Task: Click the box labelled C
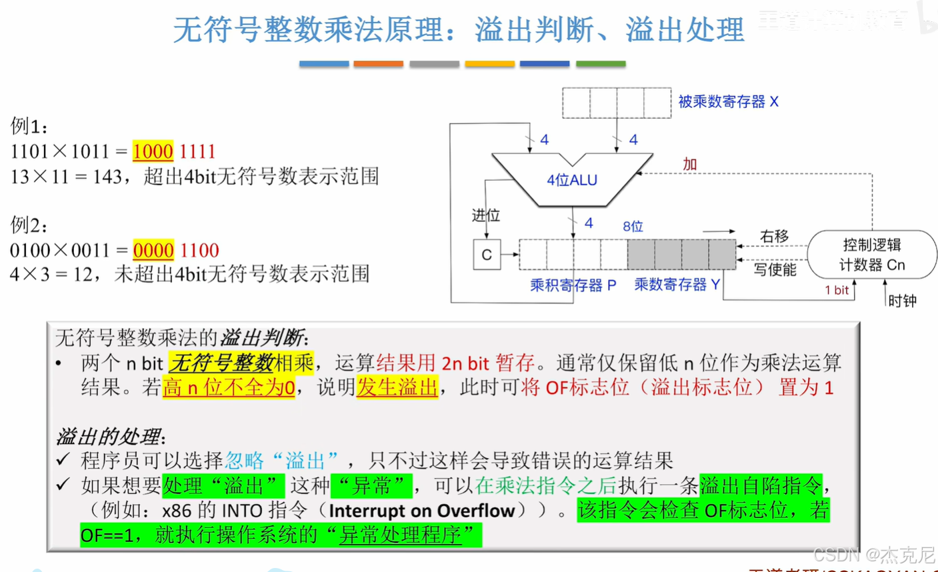tap(487, 255)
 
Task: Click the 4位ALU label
tap(572, 180)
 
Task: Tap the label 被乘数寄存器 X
tap(728, 102)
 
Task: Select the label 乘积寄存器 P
tap(573, 285)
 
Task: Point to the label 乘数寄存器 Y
tap(677, 285)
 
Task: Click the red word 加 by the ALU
tap(690, 164)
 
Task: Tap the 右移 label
tap(774, 237)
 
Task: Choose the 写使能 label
tap(775, 269)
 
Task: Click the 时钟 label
tap(902, 301)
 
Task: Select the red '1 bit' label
tap(837, 290)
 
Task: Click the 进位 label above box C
tap(486, 215)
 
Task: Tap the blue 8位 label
tap(633, 227)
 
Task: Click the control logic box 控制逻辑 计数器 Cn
tap(872, 255)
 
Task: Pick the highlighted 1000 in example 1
tap(153, 151)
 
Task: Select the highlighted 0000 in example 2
tap(153, 250)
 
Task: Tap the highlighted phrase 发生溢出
tap(397, 387)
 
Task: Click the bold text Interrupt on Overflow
tap(421, 511)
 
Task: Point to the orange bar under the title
tap(378, 64)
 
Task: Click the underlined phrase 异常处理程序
tap(400, 535)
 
